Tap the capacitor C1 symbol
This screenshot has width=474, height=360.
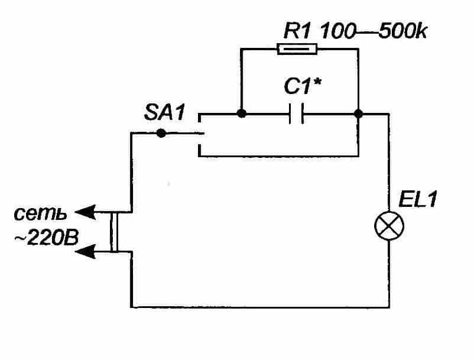pos(296,113)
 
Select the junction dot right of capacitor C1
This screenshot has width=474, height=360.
pos(358,113)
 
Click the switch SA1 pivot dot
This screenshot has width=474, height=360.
pos(161,134)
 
